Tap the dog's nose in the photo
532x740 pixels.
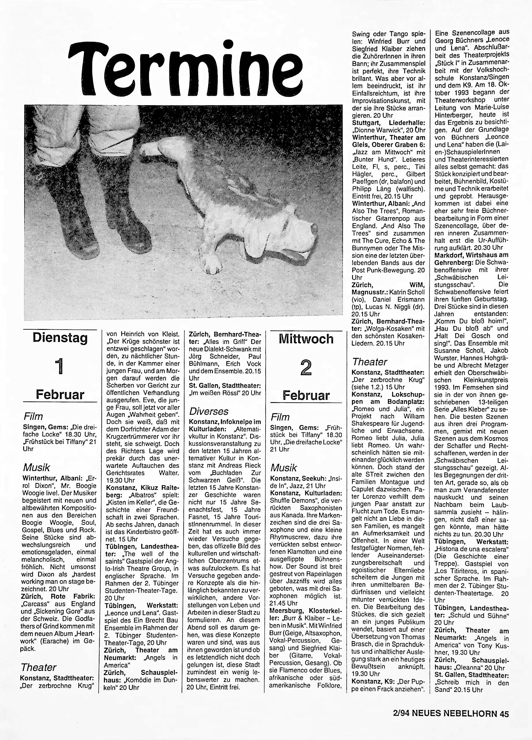pyautogui.click(x=314, y=228)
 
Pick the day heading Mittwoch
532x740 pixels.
pyautogui.click(x=306, y=339)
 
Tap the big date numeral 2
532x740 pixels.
pyautogui.click(x=306, y=368)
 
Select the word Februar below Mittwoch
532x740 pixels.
pyautogui.click(x=306, y=396)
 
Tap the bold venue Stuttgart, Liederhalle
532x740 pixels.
pyautogui.click(x=388, y=123)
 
